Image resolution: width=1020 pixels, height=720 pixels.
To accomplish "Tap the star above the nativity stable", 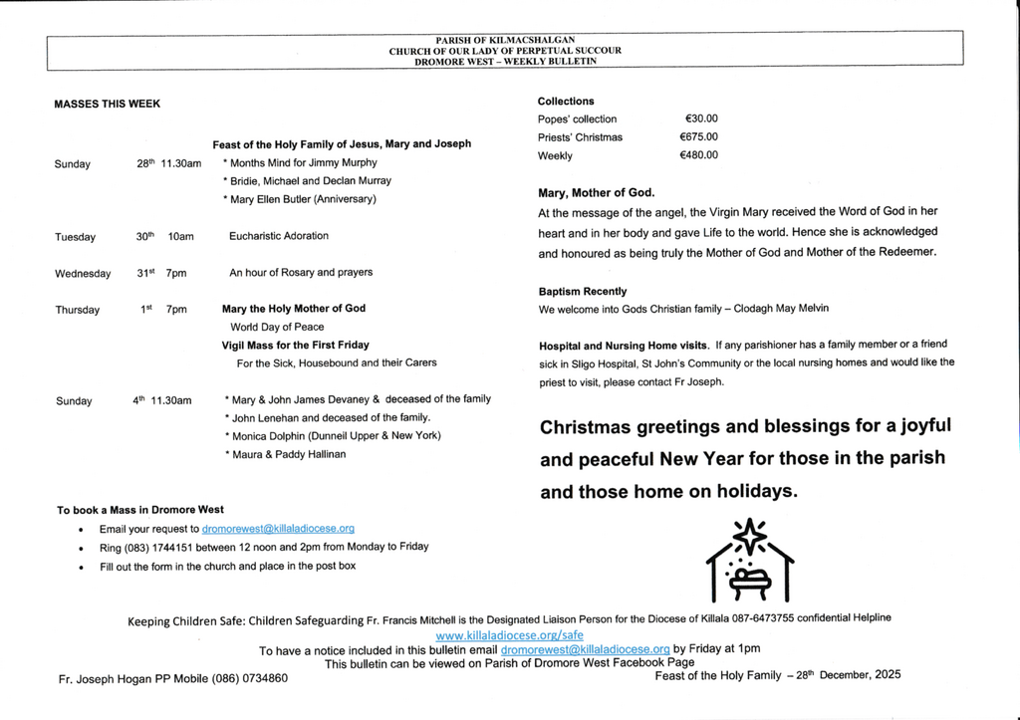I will tap(749, 535).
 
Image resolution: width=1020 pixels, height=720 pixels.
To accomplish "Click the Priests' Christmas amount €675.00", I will tap(698, 137).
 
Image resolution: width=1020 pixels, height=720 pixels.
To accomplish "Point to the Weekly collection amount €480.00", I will tap(698, 155).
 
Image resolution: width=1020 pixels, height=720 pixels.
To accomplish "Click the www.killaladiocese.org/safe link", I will tap(510, 634).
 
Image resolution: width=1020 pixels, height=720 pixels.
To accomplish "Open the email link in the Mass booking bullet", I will tap(278, 529).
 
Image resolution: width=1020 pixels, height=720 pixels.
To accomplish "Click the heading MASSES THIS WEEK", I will tap(107, 104).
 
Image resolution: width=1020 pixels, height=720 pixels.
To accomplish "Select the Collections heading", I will tap(566, 101).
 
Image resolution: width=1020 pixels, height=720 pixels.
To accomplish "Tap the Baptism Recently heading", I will tap(583, 292).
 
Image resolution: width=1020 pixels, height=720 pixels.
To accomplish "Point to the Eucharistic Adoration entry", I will tap(279, 236).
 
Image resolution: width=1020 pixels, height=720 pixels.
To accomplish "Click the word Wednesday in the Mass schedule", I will tap(84, 273).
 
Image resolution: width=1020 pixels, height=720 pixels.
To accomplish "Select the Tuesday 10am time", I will tap(181, 237).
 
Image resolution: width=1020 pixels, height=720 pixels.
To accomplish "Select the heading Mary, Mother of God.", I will tap(597, 192).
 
